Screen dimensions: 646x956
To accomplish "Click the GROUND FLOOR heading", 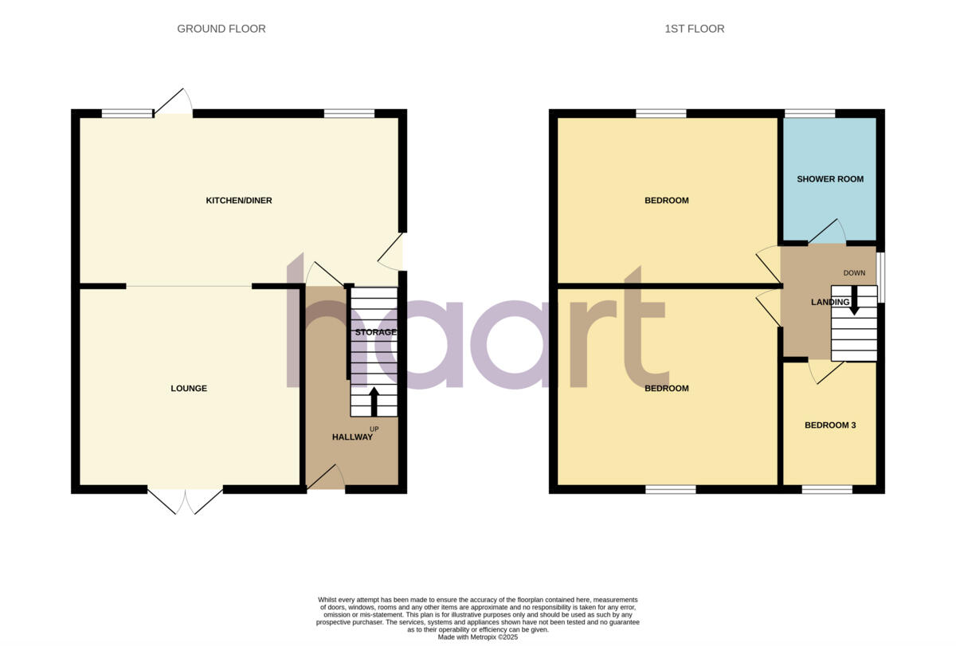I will [221, 29].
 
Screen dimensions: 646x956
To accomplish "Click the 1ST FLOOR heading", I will [694, 29].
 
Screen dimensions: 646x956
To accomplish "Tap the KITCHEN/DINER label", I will [239, 201].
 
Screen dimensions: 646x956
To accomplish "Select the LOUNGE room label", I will [189, 389].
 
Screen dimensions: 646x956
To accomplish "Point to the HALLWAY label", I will [352, 437].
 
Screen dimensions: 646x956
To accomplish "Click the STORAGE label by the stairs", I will [375, 332].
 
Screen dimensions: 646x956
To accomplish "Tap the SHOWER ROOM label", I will [830, 179].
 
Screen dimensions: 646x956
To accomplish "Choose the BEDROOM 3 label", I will [830, 425].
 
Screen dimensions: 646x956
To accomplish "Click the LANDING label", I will [829, 303].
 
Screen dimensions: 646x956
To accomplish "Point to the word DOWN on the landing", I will [854, 273].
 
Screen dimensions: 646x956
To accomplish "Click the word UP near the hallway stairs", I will [374, 429].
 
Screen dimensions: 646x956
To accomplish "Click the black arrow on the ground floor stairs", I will [374, 401].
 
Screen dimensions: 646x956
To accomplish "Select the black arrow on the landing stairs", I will [854, 300].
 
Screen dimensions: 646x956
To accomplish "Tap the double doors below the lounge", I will [185, 500].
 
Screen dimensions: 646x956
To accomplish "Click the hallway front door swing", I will [326, 477].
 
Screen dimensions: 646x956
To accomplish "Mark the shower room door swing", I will [827, 231].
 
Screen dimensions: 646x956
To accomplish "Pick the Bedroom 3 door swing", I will [826, 372].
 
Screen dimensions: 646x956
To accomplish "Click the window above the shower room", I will [809, 113].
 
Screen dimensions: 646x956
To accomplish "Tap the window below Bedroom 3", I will [826, 489].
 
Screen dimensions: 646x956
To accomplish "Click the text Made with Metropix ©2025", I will [478, 637].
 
